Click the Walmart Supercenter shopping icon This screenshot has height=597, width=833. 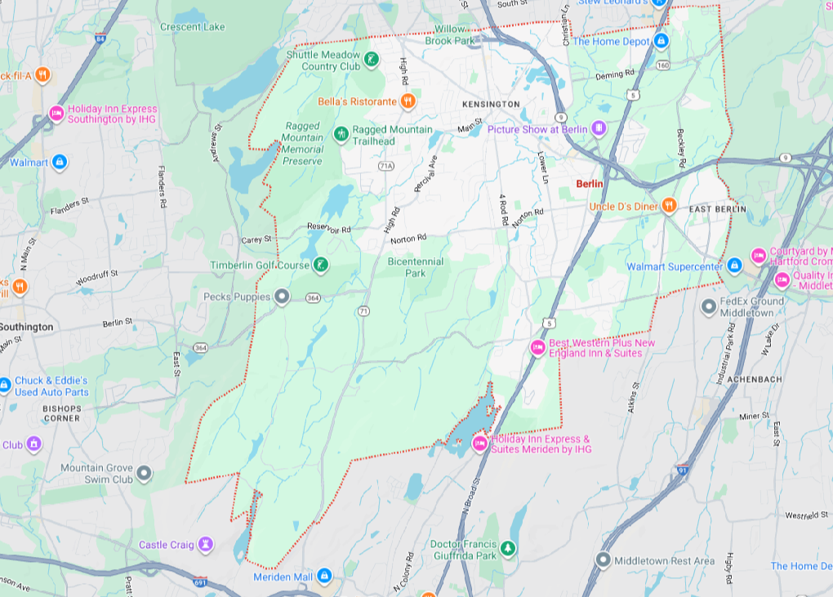pos(733,265)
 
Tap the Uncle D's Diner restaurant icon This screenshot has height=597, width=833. pos(670,206)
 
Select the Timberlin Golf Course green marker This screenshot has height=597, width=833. pos(322,265)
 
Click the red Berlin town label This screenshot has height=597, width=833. pos(589,184)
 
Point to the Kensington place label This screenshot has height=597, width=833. pos(490,105)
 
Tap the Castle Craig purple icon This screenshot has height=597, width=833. pos(207,544)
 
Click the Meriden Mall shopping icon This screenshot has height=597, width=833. pos(325,577)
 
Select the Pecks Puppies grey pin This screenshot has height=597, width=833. pos(282,297)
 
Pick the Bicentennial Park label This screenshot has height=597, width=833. pos(415,267)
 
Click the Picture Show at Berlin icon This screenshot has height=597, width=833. pos(599,128)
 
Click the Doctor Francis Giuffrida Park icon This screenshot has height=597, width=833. pos(509,548)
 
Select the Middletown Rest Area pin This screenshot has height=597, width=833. pos(603,560)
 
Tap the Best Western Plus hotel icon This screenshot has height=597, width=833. pos(537,347)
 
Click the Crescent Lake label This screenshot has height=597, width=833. pos(192,27)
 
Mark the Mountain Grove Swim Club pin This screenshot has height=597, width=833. pos(145,473)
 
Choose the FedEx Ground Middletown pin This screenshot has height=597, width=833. pos(709,306)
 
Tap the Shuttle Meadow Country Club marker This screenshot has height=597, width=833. pos(372,59)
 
